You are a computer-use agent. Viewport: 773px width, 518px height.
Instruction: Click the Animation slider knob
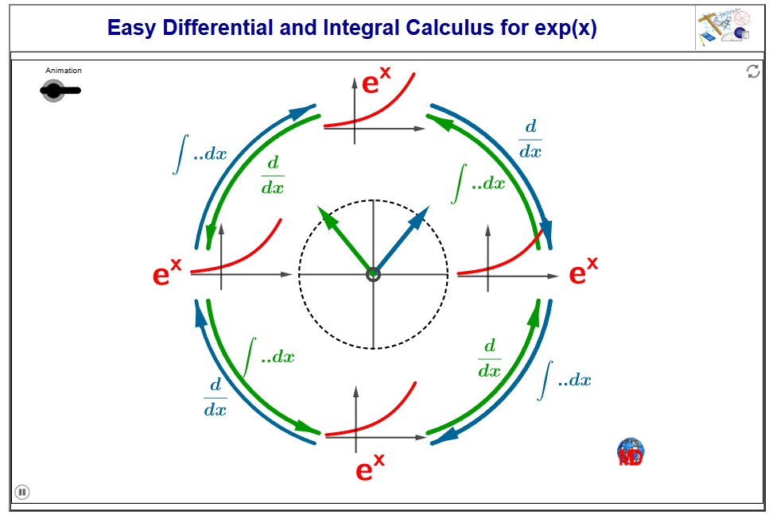[x=52, y=91]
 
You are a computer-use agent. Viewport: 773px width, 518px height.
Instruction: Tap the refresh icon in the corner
[x=753, y=72]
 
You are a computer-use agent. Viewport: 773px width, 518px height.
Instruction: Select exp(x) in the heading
[x=565, y=28]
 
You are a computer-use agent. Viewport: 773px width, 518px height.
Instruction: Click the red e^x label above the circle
[x=375, y=81]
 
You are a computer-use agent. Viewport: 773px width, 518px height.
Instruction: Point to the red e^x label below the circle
[x=370, y=467]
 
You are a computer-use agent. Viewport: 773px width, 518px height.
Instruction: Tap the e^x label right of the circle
[x=583, y=271]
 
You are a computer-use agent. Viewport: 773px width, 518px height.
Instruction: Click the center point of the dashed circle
[x=373, y=274]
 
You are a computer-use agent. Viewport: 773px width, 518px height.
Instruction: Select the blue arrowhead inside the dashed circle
[x=420, y=215]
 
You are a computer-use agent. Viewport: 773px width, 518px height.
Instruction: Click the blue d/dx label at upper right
[x=530, y=139]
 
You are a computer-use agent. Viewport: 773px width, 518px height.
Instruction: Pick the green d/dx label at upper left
[x=273, y=175]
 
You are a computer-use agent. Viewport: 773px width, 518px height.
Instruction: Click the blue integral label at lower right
[x=565, y=380]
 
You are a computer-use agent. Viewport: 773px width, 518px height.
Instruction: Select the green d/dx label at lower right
[x=490, y=358]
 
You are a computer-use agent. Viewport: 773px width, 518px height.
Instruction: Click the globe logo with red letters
[x=631, y=452]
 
